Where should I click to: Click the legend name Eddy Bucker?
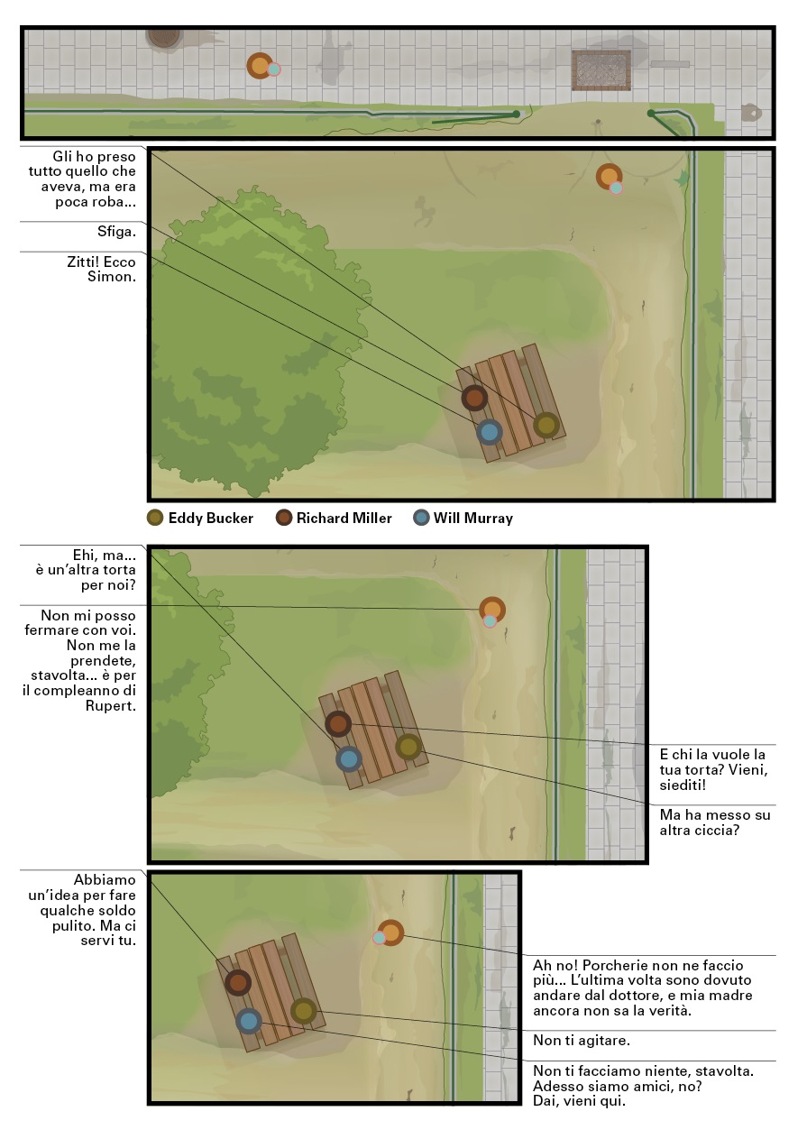[210, 519]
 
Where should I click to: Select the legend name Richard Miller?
[344, 519]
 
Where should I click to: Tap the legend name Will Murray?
[472, 519]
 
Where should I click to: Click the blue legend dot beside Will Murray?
[421, 519]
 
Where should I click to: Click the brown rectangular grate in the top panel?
[601, 70]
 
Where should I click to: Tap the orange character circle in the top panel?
[260, 66]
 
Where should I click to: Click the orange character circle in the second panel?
[609, 177]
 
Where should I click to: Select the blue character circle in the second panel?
[490, 432]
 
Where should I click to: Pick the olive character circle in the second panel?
[546, 425]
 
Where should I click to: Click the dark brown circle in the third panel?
[338, 723]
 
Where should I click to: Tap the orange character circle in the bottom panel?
[390, 933]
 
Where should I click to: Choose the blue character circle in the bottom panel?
[249, 1021]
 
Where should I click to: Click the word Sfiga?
[116, 232]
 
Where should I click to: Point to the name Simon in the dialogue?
[112, 277]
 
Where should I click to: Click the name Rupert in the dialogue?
[110, 706]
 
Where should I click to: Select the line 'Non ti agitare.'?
[582, 1041]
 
